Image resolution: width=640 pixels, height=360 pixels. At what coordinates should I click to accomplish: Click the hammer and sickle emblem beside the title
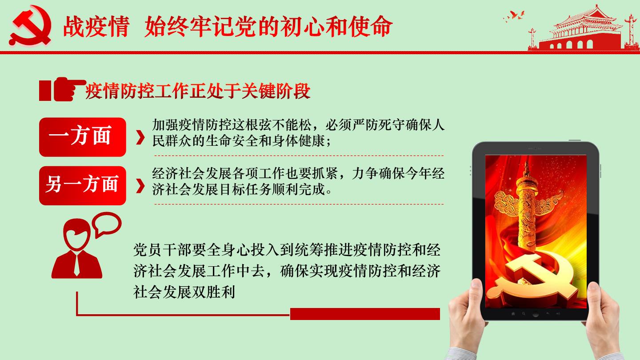(30, 26)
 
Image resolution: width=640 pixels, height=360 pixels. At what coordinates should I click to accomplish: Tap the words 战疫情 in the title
(96, 27)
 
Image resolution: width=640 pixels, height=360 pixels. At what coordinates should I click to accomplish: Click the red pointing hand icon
(68, 89)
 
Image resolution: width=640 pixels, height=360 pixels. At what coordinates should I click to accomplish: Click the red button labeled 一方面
(83, 137)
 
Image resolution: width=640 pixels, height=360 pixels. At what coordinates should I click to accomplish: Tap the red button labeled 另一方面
(83, 185)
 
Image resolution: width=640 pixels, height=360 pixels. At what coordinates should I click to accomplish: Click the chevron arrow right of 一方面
(140, 138)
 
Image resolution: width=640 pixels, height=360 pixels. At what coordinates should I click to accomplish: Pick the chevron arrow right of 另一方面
(140, 186)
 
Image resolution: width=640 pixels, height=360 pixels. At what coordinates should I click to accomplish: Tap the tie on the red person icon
(76, 264)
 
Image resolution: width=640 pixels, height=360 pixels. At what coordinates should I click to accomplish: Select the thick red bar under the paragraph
(365, 314)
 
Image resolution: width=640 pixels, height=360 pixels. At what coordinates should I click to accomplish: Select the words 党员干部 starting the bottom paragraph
(162, 250)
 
